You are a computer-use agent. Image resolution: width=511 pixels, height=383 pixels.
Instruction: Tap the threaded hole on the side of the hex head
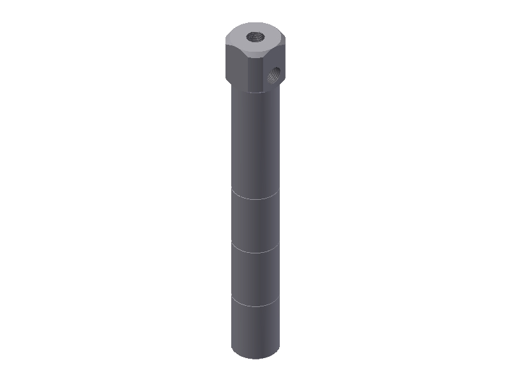[274, 75]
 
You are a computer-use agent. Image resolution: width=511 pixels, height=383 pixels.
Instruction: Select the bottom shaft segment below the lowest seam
[256, 329]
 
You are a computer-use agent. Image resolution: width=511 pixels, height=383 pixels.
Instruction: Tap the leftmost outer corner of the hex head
[226, 45]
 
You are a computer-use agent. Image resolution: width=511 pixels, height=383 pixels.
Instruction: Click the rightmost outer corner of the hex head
[286, 46]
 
